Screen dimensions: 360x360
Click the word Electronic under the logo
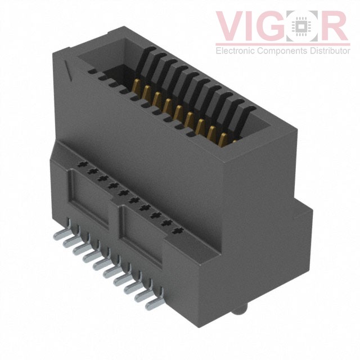coord(235,51)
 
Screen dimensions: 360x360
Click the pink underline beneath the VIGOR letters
coord(281,43)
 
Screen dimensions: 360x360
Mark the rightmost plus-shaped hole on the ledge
coord(179,230)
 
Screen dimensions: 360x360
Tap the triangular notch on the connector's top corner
coord(69,70)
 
